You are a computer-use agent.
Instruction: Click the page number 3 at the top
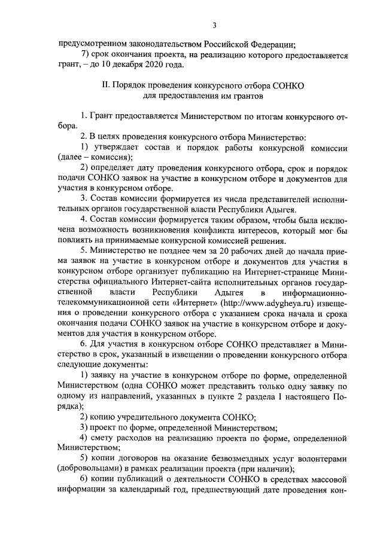click(214, 25)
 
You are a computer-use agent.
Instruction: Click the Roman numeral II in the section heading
click(107, 86)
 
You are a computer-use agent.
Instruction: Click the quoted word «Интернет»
click(181, 302)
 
